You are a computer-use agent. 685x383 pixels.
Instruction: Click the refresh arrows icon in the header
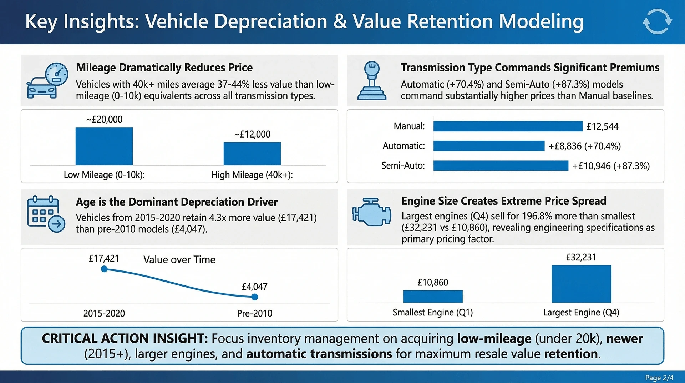coord(657,21)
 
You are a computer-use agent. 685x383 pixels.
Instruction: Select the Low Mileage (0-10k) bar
coord(104,146)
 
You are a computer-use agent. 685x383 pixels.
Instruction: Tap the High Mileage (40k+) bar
coord(252,154)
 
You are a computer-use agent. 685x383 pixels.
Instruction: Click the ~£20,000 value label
coord(104,119)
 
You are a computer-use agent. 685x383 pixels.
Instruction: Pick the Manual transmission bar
coord(508,126)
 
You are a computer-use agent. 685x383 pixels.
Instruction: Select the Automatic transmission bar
coord(489,146)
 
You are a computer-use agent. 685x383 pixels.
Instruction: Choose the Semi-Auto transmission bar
coord(501,165)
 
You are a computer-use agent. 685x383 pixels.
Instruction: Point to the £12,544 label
coord(603,126)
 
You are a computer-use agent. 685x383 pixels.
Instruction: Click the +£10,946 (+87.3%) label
coord(611,166)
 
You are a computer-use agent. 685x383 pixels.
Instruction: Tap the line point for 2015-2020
coord(104,269)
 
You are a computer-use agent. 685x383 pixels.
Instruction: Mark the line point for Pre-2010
coord(254,297)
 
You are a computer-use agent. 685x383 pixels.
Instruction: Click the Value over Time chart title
coord(179,259)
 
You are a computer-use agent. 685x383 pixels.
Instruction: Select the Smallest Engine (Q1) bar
coord(433,297)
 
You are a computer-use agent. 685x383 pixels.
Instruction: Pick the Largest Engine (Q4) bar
coord(581,284)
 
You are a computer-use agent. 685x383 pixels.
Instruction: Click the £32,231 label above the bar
coord(581,257)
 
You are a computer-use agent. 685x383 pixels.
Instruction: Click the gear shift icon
coord(372,81)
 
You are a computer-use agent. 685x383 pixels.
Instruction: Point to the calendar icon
coord(46,214)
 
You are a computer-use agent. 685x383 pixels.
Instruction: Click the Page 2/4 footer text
coord(659,378)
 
